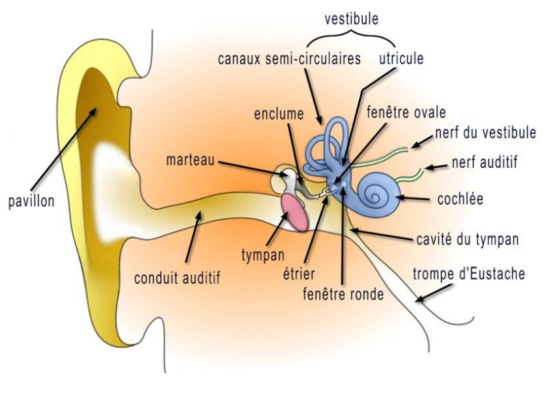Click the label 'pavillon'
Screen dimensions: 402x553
pyautogui.click(x=31, y=201)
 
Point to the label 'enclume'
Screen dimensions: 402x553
pyautogui.click(x=279, y=114)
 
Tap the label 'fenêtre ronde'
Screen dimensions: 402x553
pyautogui.click(x=343, y=293)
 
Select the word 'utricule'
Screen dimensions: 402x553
pyautogui.click(x=401, y=59)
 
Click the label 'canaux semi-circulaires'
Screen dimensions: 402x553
pyautogui.click(x=289, y=59)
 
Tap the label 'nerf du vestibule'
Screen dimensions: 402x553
pyautogui.click(x=486, y=133)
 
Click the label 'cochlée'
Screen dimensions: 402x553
pyautogui.click(x=461, y=198)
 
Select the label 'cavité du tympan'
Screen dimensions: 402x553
pyautogui.click(x=467, y=239)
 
